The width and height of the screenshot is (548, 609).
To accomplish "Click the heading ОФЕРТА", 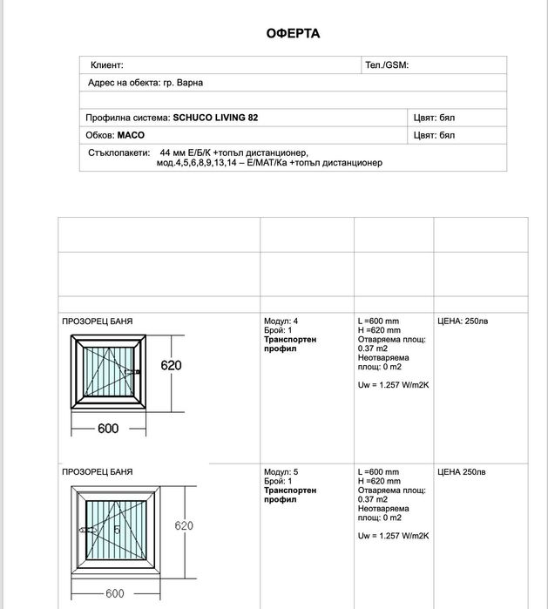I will [293, 34].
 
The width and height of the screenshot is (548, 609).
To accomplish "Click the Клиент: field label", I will [106, 65].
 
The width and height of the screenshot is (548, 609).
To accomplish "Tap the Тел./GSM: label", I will [387, 65].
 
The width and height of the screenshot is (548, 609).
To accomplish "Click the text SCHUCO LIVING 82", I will [215, 118].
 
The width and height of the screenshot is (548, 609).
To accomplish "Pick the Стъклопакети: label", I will [119, 152].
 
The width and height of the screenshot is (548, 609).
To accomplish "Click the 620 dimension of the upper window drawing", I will [171, 366].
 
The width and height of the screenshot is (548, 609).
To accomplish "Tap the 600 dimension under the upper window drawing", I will [107, 428].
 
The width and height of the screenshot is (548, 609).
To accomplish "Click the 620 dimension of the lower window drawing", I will [184, 526].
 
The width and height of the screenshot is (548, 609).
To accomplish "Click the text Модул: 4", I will [281, 321].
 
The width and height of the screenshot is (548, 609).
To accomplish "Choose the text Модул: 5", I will [281, 471].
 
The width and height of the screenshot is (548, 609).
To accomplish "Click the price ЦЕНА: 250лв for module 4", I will [463, 321].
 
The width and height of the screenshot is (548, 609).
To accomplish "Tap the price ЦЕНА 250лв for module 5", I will [462, 471].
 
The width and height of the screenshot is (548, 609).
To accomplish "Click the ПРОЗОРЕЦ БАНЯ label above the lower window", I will [97, 471].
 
